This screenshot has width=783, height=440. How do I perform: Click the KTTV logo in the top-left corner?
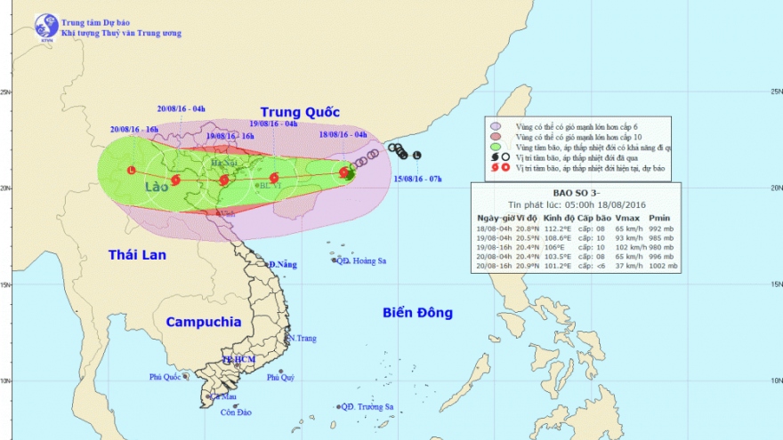pyautogui.click(x=46, y=26)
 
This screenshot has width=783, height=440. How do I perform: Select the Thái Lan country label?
pyautogui.click(x=138, y=255)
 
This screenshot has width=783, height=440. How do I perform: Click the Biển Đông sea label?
pyautogui.click(x=417, y=313)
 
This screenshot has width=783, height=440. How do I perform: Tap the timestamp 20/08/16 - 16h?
pyautogui.click(x=134, y=130)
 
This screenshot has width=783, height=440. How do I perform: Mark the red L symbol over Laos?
pyautogui.click(x=132, y=170)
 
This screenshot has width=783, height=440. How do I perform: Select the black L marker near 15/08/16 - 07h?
pyautogui.click(x=417, y=156)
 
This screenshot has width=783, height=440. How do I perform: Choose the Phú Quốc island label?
pyautogui.click(x=165, y=377)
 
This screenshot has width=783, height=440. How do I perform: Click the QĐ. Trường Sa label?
pyautogui.click(x=368, y=407)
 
